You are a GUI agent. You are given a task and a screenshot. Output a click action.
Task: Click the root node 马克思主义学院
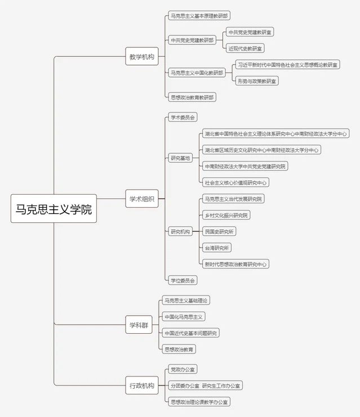point(54,208)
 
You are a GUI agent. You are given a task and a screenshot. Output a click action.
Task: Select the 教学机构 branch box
point(142,56)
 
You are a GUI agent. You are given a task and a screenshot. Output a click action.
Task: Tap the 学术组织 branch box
point(142,199)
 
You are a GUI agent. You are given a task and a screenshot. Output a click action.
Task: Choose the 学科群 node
point(139,325)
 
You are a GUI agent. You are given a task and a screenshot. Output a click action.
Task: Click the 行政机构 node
point(142,385)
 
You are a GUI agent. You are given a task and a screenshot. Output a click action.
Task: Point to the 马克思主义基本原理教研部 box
point(199,16)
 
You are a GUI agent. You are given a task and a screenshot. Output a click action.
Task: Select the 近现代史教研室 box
point(245,48)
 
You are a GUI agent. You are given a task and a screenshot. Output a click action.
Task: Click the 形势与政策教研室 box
point(257,81)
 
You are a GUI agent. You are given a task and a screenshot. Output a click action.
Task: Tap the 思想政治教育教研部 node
point(192,97)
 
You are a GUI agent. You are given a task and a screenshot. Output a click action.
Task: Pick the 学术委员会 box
point(183,117)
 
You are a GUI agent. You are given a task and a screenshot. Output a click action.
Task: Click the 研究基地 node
point(180,158)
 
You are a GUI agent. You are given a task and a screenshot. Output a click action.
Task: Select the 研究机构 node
point(180,232)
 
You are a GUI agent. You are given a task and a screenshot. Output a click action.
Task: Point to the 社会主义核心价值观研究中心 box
point(235,183)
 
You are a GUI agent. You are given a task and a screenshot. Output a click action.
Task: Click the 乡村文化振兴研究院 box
point(226,215)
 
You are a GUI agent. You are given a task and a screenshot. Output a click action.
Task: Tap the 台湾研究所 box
point(217,248)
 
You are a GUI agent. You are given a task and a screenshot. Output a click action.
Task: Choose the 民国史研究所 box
point(219,231)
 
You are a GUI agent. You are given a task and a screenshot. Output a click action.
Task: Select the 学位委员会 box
point(183,280)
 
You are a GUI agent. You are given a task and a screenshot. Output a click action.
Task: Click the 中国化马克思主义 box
point(184,317)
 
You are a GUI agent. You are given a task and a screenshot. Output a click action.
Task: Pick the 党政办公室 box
point(183,369)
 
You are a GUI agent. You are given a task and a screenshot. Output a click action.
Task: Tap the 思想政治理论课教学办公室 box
point(199,402)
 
